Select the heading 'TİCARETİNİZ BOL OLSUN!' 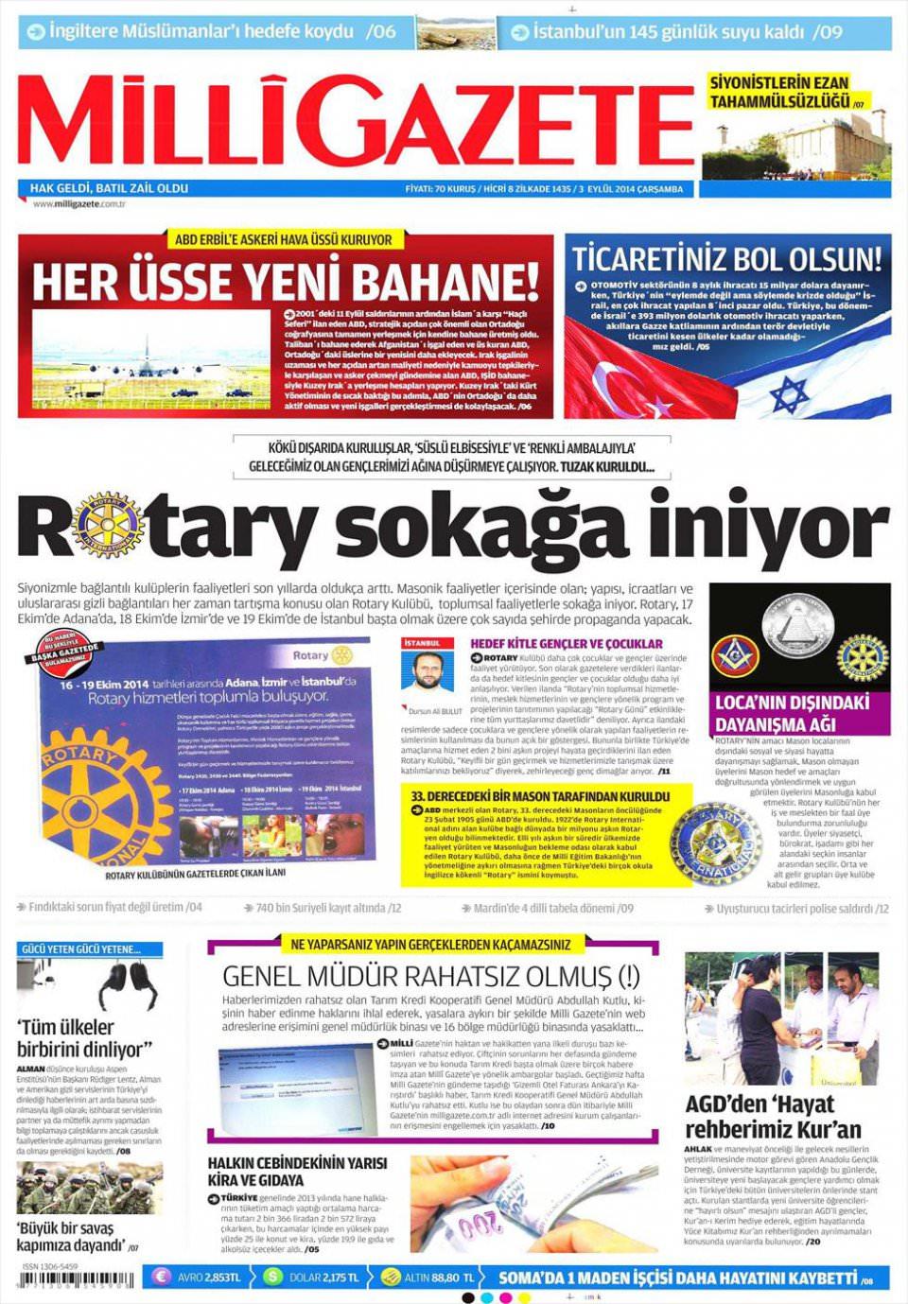726,258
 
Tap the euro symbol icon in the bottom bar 160,1278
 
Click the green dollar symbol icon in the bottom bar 273,1278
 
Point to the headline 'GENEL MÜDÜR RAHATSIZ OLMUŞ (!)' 430,976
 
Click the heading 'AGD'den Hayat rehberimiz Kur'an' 773,1117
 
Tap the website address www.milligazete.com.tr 79,204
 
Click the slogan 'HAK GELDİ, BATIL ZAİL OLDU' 109,189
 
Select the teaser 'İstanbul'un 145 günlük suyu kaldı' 673,32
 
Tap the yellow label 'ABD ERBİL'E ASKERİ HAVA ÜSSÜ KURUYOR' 283,240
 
